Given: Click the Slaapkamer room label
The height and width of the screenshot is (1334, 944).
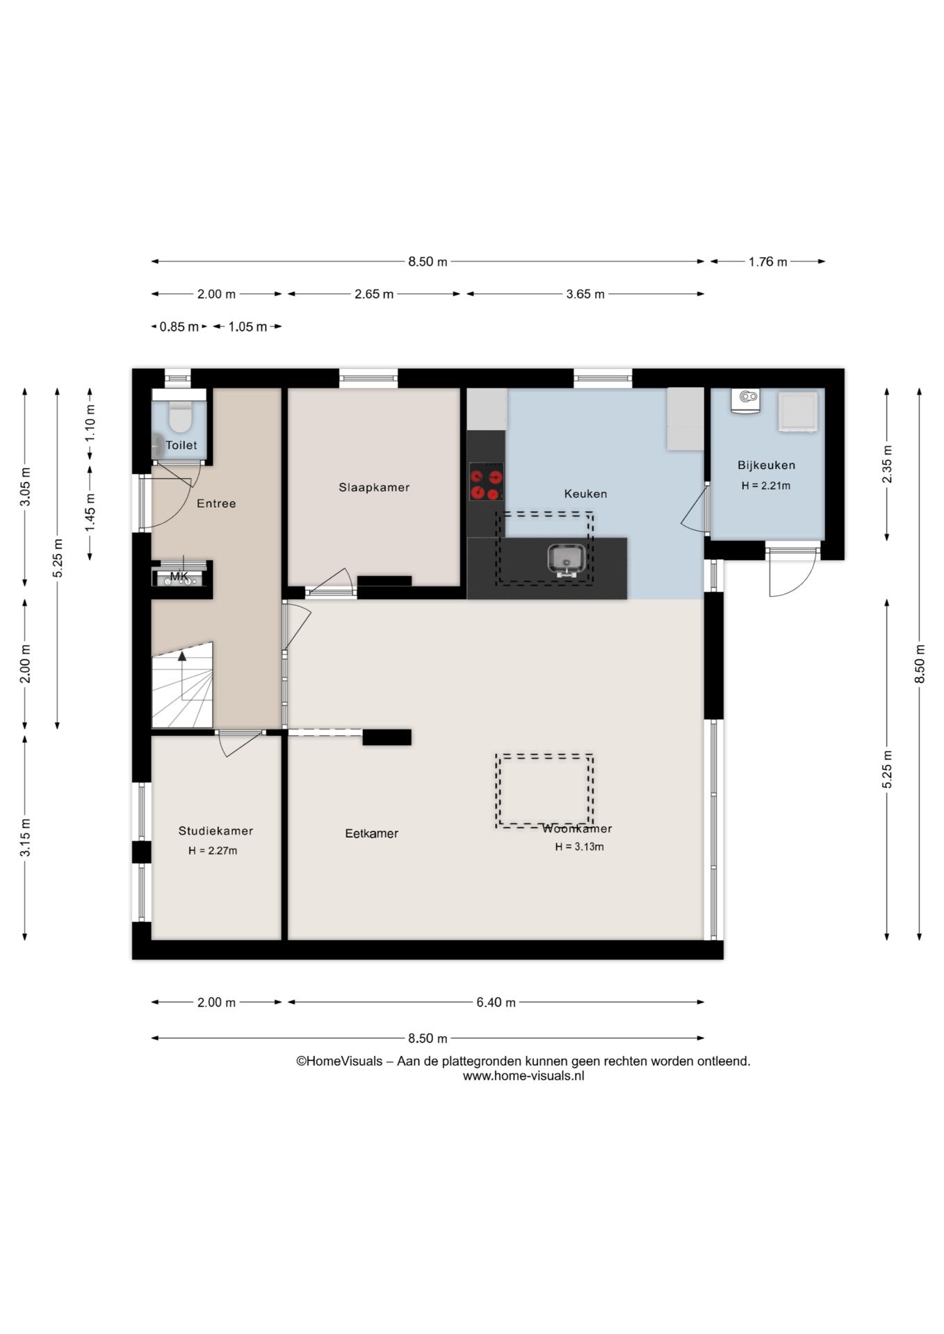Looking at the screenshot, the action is (374, 488).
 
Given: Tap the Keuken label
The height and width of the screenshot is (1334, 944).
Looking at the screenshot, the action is (585, 494).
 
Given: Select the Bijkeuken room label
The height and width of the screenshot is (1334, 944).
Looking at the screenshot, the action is (766, 466).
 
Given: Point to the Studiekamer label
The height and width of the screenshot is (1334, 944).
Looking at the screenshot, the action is (215, 831).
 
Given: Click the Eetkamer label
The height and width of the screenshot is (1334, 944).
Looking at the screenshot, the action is (372, 834).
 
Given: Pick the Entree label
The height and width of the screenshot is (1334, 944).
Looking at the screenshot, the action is (216, 504).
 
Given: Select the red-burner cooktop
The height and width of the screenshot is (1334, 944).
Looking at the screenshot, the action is (486, 482).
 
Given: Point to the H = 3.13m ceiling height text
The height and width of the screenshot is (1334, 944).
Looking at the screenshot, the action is (579, 847).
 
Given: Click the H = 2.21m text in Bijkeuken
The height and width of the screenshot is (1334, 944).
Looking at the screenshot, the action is (766, 486).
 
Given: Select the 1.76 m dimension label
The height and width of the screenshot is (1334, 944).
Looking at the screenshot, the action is (767, 262).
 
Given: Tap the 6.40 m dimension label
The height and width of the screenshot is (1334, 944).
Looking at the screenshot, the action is (496, 1003).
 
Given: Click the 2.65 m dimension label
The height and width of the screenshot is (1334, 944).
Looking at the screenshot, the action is (374, 294).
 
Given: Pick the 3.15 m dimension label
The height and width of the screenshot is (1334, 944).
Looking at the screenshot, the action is (25, 838).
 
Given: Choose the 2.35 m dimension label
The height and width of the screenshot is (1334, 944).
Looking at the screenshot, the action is (887, 464).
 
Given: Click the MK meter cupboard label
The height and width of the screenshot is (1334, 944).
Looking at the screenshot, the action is (179, 577).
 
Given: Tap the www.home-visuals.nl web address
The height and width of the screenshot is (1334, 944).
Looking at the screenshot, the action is (523, 1076).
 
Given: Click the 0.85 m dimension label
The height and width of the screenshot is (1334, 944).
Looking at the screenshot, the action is (179, 327).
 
